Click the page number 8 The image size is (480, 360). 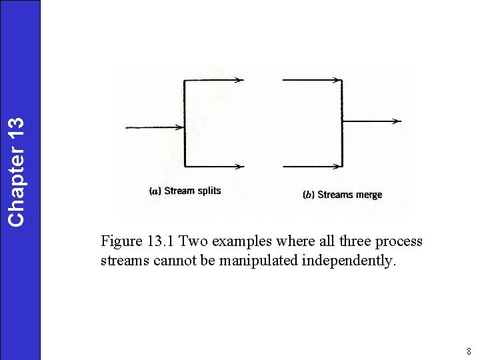[469, 351]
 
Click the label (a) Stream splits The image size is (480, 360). [185, 191]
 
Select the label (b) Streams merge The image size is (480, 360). [343, 195]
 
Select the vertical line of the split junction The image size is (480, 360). [184, 123]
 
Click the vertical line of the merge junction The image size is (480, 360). [342, 123]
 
